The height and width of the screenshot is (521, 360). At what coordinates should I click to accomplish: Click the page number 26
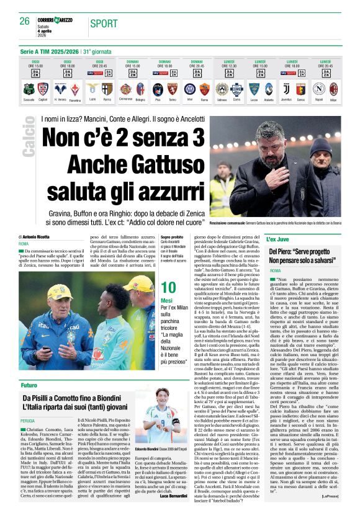point(25,22)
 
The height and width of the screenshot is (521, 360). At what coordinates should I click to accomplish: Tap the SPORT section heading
point(103,24)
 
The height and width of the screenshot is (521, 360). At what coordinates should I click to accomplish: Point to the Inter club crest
point(189,89)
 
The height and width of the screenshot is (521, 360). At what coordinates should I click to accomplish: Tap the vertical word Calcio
point(29,136)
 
